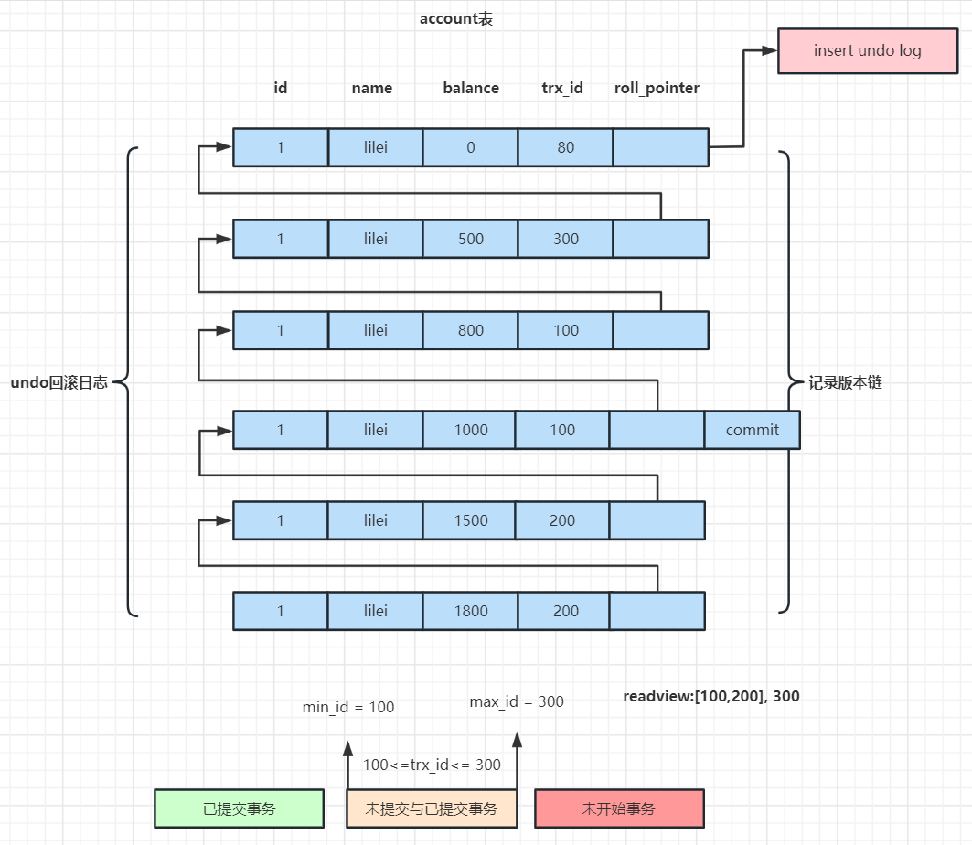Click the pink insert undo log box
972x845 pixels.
click(x=868, y=50)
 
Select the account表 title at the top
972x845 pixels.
click(x=455, y=18)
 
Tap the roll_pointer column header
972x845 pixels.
click(x=657, y=88)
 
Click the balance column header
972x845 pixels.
click(x=471, y=88)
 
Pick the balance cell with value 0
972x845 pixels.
click(x=471, y=147)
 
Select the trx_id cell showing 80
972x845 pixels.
click(x=566, y=147)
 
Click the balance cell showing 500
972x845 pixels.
click(x=471, y=239)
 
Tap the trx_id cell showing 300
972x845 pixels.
click(x=566, y=239)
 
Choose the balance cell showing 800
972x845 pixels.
click(x=471, y=330)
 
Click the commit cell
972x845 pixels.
click(x=753, y=430)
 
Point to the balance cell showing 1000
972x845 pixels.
click(x=470, y=430)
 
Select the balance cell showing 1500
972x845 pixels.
click(x=470, y=520)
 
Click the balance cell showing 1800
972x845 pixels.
click(x=471, y=611)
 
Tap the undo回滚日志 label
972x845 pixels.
click(x=59, y=383)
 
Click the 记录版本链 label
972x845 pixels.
click(x=845, y=383)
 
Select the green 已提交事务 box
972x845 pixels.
click(x=239, y=808)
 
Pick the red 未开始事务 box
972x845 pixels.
click(x=619, y=808)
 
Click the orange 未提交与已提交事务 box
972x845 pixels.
click(x=432, y=808)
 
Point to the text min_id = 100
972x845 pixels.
click(x=348, y=707)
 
